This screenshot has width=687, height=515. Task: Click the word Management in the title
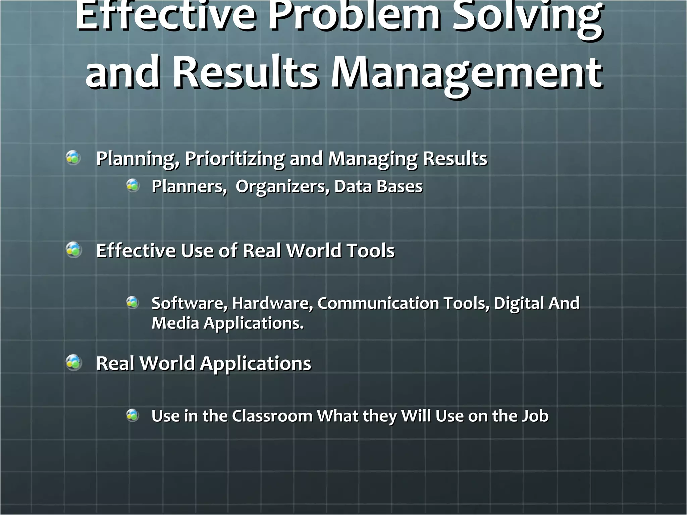(466, 73)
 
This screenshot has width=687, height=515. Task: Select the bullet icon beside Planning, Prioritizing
(73, 158)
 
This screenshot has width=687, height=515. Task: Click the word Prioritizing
(234, 158)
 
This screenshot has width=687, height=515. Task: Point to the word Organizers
(282, 186)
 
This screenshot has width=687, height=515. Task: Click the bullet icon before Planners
(133, 185)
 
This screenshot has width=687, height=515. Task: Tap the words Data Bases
(378, 186)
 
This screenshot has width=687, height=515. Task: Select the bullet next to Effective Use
(73, 250)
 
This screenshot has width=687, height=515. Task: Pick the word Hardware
(272, 303)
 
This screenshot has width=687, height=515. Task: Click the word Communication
(378, 303)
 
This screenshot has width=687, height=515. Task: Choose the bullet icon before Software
(133, 303)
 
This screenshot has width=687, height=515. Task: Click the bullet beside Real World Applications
(73, 363)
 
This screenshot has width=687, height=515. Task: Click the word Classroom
(272, 416)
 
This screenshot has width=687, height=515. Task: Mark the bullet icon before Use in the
(133, 415)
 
